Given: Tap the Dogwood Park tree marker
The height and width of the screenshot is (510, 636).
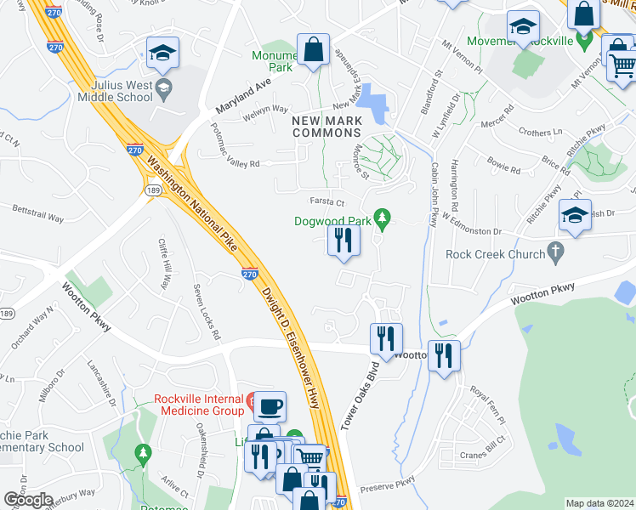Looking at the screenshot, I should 383,221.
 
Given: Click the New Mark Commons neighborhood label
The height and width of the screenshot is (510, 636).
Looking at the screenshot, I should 327,127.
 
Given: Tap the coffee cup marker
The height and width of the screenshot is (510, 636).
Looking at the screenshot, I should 270,406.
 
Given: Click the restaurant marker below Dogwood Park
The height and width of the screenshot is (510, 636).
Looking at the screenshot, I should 344,239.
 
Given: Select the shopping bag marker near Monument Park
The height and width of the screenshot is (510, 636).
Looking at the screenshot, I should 313,48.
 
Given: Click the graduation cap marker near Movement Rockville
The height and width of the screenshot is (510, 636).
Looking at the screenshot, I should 523,26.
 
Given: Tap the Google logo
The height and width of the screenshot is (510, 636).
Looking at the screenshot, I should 28,499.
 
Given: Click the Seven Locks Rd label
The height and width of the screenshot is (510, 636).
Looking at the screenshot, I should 206,309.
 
